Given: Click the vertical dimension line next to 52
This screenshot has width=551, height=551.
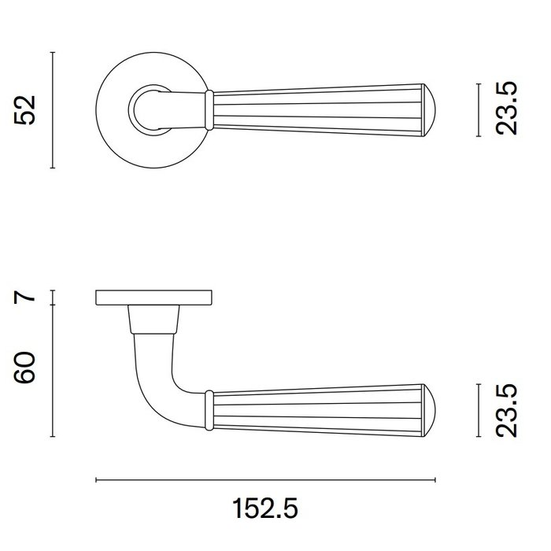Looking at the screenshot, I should [x=52, y=110].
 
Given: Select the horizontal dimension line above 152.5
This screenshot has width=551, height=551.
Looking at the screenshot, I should [x=265, y=479].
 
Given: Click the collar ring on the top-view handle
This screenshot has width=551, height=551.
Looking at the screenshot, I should [x=209, y=109].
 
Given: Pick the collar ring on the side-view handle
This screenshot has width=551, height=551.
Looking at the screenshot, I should [x=209, y=409].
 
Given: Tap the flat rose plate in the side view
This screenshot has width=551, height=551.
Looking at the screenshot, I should [x=154, y=298].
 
